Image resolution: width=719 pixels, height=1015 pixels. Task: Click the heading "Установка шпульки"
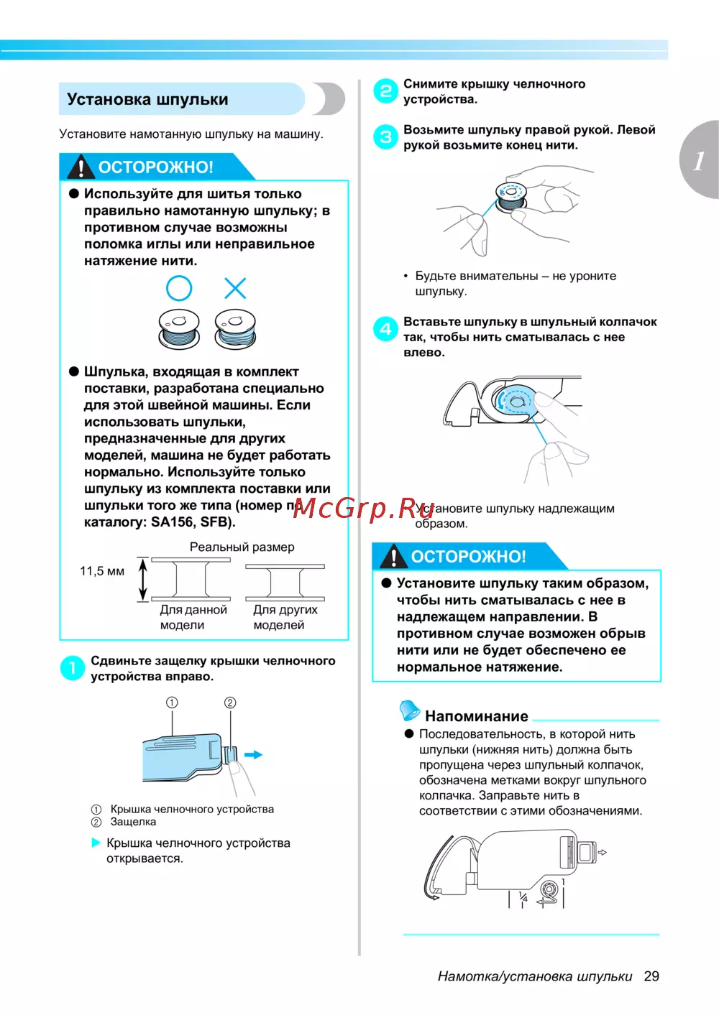[x=147, y=99]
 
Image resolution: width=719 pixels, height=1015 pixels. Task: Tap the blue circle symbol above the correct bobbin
[x=179, y=288]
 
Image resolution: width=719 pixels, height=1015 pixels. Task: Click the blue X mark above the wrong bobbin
[x=235, y=288]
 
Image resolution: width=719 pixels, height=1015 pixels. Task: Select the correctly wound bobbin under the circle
[x=179, y=329]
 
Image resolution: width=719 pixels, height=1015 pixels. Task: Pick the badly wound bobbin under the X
[x=235, y=329]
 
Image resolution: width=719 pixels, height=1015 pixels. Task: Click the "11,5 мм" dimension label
[x=102, y=571]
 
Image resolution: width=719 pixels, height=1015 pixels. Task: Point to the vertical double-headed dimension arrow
[x=143, y=579]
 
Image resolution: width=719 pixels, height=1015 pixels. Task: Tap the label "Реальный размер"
[x=242, y=547]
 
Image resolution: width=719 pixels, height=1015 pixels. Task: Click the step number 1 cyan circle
[x=72, y=668]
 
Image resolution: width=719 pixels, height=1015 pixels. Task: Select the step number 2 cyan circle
[x=386, y=91]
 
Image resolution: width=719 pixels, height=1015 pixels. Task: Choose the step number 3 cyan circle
[x=386, y=136]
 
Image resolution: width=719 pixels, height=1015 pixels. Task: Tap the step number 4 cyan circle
[x=386, y=329]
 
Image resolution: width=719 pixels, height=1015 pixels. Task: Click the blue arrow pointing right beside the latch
[x=253, y=755]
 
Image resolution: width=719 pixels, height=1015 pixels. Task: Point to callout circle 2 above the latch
[x=230, y=703]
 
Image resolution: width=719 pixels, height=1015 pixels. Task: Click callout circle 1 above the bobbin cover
[x=172, y=703]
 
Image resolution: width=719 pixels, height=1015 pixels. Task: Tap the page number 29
[x=651, y=976]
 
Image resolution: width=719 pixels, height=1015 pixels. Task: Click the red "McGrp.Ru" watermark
[x=363, y=508]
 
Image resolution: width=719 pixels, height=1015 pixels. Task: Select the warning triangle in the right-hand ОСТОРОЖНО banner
[x=393, y=557]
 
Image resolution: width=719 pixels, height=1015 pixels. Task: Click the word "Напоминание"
[x=476, y=716]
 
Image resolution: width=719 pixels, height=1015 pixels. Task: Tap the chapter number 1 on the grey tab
[x=699, y=160]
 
